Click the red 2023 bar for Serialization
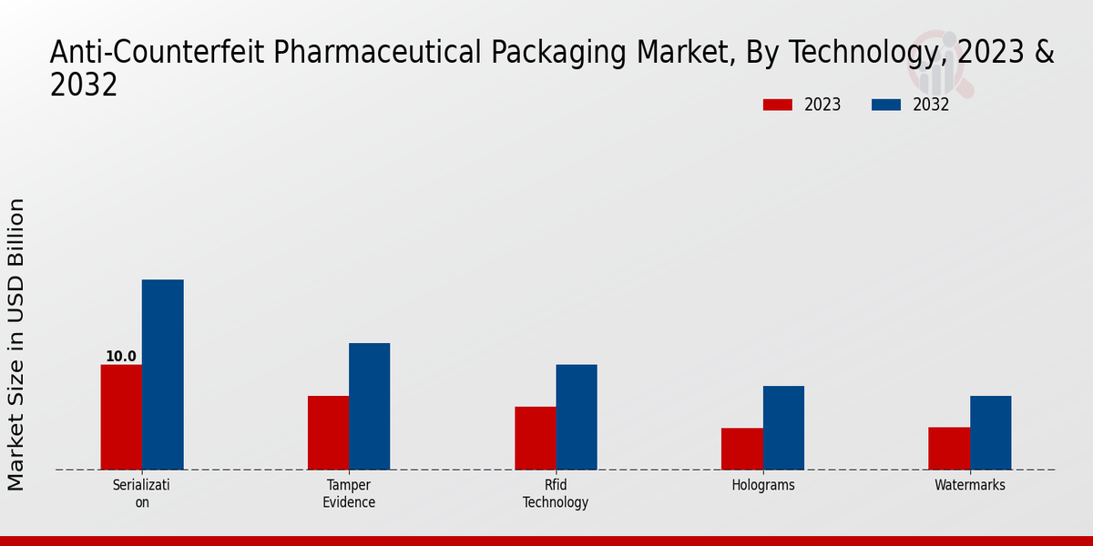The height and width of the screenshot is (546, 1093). click(x=121, y=417)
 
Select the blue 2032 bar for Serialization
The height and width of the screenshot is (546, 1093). click(x=162, y=374)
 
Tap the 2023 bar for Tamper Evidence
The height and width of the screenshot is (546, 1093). click(x=328, y=432)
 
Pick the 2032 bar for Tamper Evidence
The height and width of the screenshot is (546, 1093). click(x=369, y=406)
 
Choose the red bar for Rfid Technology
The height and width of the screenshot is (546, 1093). click(x=535, y=438)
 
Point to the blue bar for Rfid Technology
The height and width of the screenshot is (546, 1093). click(x=577, y=417)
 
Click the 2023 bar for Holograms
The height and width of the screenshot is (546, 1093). click(x=741, y=449)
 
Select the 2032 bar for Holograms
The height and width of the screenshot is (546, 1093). click(x=783, y=428)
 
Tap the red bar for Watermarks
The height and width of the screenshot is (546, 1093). click(x=949, y=448)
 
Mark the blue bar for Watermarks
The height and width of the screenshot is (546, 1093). click(x=990, y=432)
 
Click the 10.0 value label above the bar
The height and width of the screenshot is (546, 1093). click(x=121, y=357)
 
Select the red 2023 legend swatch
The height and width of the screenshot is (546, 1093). click(x=778, y=105)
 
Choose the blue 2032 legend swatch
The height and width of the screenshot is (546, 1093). click(x=885, y=105)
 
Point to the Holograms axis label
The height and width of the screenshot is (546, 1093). click(x=763, y=485)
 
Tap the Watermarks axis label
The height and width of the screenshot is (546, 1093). click(x=970, y=485)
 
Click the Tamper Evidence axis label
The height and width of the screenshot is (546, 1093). click(x=349, y=493)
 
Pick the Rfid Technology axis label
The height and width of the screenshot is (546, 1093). click(x=556, y=493)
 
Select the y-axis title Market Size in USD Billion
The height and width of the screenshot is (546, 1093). click(x=16, y=344)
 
